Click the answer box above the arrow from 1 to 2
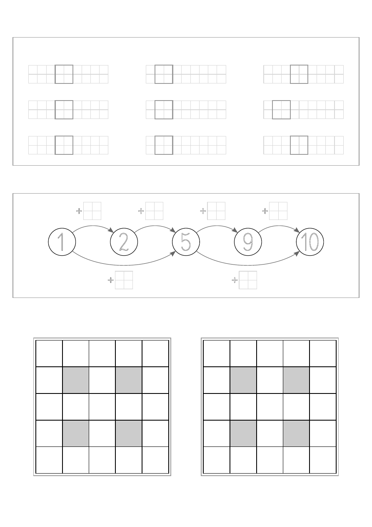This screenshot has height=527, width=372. [92, 211]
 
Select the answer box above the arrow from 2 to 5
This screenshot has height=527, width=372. [154, 211]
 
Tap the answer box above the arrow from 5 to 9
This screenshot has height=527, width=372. [216, 211]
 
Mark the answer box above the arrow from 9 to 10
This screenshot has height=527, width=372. [278, 211]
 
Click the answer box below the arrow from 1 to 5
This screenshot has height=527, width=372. [124, 280]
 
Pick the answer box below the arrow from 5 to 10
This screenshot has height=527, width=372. [248, 280]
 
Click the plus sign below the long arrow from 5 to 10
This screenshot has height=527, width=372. [235, 280]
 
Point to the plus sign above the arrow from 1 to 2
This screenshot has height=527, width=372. [79, 211]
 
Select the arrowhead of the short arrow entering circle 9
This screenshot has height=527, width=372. [235, 230]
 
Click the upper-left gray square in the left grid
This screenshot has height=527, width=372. [76, 380]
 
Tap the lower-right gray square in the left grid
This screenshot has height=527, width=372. [129, 433]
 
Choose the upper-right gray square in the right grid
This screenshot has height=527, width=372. [296, 380]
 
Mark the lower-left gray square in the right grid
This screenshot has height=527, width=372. [243, 433]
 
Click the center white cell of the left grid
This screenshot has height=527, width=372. [102, 406]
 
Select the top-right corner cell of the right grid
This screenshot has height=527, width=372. [323, 353]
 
